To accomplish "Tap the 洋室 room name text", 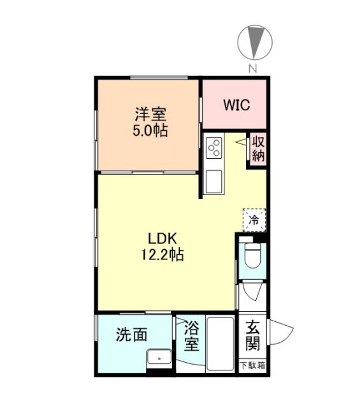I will coord(150,115).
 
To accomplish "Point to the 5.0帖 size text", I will coord(150,131).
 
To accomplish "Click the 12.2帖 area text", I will coord(163,255).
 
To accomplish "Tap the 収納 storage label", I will coord(257,149).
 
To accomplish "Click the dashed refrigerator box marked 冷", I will coord(254,220).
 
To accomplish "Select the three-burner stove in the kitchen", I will coord(214,148).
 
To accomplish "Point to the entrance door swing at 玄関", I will coord(280,334).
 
